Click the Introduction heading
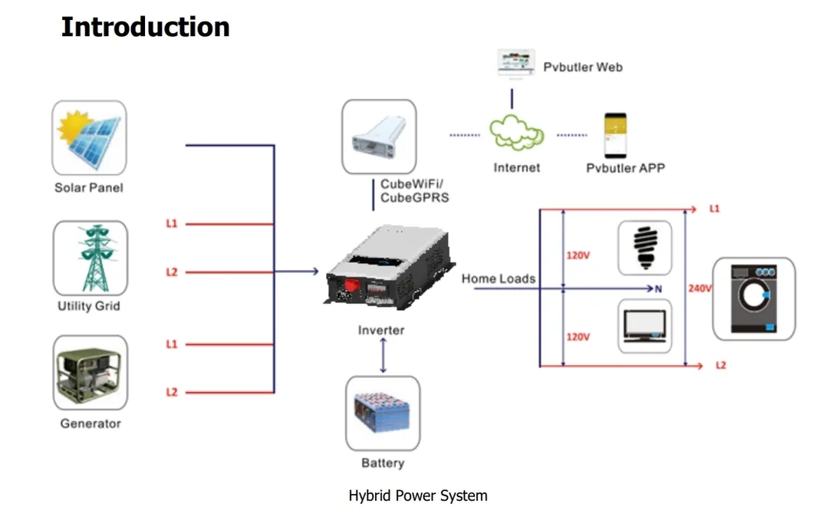coord(145,27)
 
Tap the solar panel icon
coord(89,138)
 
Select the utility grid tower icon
coord(91,258)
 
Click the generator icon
coord(91,376)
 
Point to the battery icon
coord(383,413)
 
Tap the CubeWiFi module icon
coord(379,136)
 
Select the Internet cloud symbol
coord(517,133)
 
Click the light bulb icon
coord(644,248)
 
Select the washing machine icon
coord(754,298)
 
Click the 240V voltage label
coord(700,288)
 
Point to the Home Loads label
coord(499,278)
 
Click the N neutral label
coord(658,289)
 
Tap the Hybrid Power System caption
coord(418,496)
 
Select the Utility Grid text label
coord(89,306)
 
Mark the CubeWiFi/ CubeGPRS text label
coord(414,191)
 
